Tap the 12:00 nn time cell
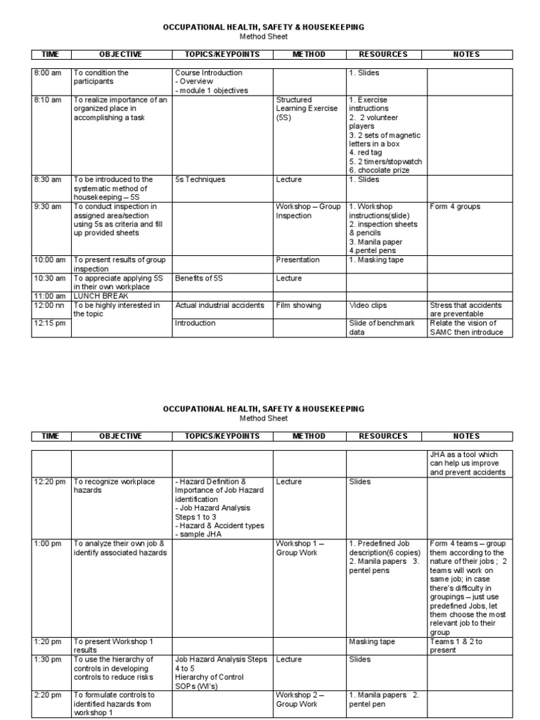pyautogui.click(x=48, y=305)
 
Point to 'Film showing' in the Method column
pyautogui.click(x=298, y=305)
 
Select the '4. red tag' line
pyautogui.click(x=366, y=152)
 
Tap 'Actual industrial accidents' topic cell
pyautogui.click(x=219, y=305)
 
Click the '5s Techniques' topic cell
pyautogui.click(x=200, y=179)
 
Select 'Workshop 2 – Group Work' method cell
pyautogui.click(x=300, y=699)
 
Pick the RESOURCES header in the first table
pyautogui.click(x=382, y=54)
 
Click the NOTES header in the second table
pyautogui.click(x=467, y=436)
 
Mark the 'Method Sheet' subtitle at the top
pyautogui.click(x=264, y=37)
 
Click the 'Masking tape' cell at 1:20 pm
pyautogui.click(x=372, y=641)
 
